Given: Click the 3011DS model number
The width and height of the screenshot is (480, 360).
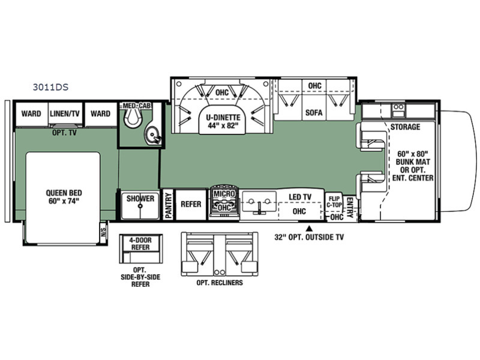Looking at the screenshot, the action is (50, 87).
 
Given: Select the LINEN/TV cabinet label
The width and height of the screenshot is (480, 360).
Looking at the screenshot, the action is (65, 113).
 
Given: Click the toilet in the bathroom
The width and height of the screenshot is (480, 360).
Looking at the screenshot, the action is (133, 118).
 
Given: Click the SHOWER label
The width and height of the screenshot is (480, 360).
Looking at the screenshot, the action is (140, 199).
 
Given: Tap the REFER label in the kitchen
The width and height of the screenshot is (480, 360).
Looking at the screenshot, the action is (191, 204).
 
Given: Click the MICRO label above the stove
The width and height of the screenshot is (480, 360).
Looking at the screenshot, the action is (224, 194).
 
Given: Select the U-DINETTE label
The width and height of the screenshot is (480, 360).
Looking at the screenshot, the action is (223, 117).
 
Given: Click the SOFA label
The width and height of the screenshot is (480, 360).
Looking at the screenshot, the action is (314, 113).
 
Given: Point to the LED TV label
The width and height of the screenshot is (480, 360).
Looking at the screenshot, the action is (300, 197).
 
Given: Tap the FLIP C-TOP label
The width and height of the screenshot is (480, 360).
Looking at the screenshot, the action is (334, 202).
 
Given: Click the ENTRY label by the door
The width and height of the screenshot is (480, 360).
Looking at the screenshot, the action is (350, 207).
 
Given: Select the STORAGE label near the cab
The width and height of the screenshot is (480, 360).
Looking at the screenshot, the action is (405, 127).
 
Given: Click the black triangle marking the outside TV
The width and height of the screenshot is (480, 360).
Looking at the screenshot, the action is (310, 228).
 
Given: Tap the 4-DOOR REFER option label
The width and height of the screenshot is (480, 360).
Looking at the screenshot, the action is (140, 244).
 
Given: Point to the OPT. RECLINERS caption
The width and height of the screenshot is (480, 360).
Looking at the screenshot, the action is (220, 283).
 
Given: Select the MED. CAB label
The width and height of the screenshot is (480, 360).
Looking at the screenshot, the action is (137, 106).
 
